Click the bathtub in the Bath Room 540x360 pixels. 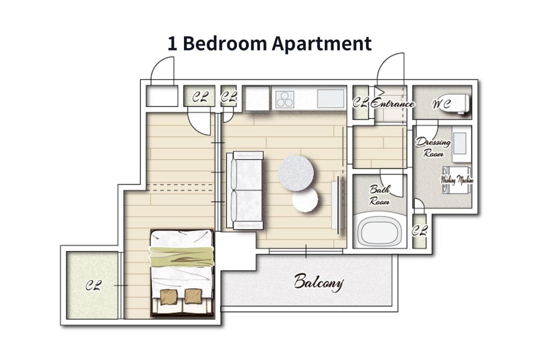[x=379, y=231]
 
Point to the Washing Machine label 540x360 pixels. [x=457, y=180]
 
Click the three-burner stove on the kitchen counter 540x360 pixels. [x=285, y=99]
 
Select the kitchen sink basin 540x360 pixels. [x=330, y=99]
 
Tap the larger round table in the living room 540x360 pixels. [x=296, y=173]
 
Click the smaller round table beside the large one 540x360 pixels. [x=305, y=200]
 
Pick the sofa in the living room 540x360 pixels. [x=245, y=190]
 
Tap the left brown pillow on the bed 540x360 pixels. [x=169, y=297]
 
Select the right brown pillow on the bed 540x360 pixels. [x=193, y=296]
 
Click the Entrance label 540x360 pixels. [x=392, y=104]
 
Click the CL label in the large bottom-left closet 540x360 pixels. [x=93, y=286]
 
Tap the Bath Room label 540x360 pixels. [x=380, y=195]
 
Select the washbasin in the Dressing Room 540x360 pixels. [x=461, y=144]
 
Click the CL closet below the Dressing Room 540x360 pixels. [x=419, y=231]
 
